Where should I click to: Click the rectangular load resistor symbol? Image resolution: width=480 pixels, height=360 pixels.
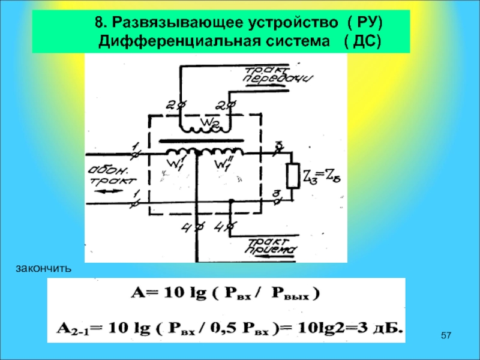(x=292, y=176)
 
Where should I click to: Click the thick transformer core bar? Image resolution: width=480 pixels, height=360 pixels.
(x=201, y=142)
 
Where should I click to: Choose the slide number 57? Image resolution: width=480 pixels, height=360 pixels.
(x=446, y=334)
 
